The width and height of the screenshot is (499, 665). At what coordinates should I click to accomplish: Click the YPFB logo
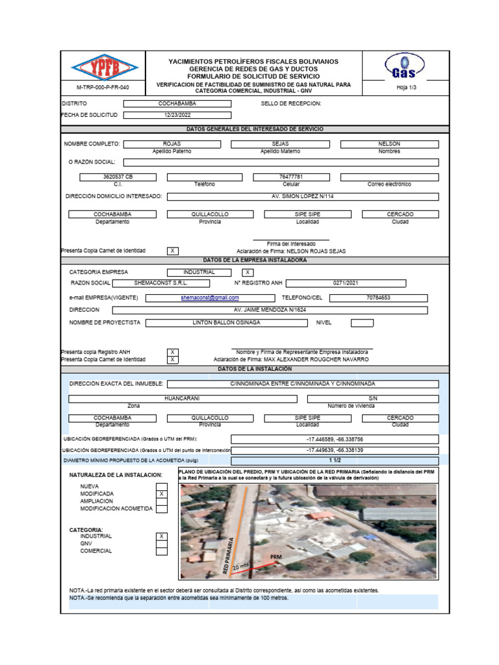(104, 68)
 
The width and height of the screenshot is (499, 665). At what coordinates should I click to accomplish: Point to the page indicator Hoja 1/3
(405, 88)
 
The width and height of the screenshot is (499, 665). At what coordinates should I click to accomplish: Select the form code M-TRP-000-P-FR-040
(103, 88)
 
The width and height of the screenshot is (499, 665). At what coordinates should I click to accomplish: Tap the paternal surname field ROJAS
(172, 144)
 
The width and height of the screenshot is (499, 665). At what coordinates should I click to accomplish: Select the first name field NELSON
(389, 144)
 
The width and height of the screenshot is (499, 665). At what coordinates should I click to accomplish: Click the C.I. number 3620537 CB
(118, 177)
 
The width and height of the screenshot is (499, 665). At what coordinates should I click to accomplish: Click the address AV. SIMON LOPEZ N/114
(302, 196)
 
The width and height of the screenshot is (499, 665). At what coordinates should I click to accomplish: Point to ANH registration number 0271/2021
(346, 283)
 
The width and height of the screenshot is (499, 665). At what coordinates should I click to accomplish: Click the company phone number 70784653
(379, 297)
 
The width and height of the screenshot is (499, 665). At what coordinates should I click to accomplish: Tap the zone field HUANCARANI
(182, 398)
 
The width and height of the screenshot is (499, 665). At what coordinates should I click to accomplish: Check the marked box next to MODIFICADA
(162, 494)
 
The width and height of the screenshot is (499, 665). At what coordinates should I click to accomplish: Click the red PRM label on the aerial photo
(276, 558)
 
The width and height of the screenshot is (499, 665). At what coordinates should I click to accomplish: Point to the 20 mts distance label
(240, 567)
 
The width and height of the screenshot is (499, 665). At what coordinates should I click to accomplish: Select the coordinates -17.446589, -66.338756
(335, 440)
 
